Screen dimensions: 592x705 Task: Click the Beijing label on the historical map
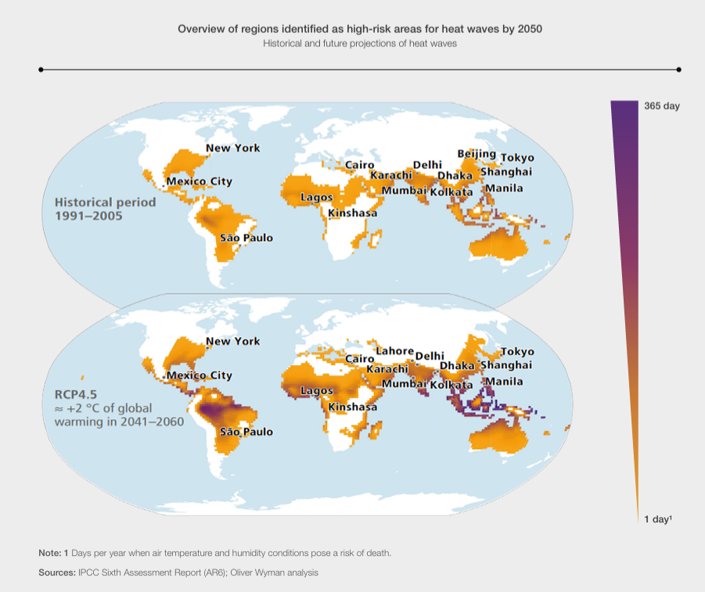click(476, 153)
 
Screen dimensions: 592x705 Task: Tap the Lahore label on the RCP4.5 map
click(394, 350)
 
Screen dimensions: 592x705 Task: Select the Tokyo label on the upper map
click(517, 158)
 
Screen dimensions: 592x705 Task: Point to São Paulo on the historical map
click(246, 237)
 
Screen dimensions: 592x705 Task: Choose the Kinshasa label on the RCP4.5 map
click(352, 407)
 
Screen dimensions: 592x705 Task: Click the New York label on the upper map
click(232, 148)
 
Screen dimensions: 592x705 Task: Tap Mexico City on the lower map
click(199, 376)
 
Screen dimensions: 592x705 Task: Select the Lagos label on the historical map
click(317, 197)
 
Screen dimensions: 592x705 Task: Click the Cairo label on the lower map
click(360, 358)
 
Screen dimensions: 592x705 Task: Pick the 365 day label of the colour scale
click(661, 106)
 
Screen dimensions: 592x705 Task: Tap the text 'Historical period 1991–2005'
click(94, 209)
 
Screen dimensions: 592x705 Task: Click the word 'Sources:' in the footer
click(56, 572)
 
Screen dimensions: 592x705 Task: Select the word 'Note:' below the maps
click(50, 553)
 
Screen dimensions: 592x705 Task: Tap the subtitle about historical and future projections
click(360, 44)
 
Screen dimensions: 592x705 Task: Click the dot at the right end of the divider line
click(678, 70)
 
